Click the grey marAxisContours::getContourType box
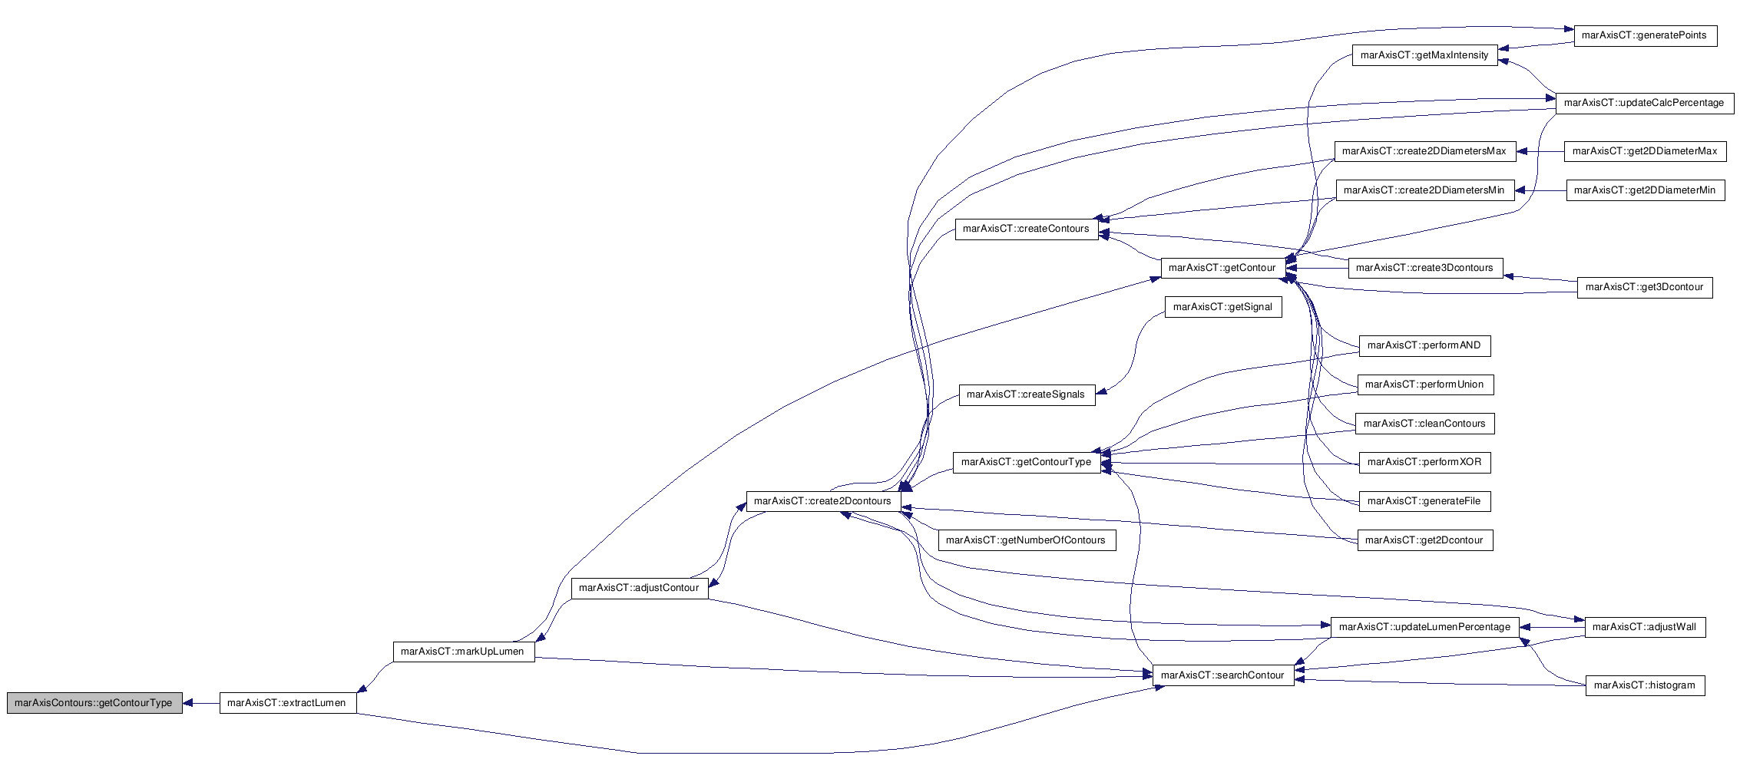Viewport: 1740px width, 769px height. pos(94,703)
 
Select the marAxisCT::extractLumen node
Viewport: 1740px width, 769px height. pos(288,703)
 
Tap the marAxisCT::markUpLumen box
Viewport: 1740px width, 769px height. pos(464,652)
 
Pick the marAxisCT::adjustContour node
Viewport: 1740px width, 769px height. pos(640,588)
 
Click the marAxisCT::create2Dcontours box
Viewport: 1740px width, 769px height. pos(823,501)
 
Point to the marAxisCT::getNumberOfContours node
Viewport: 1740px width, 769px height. pos(1027,540)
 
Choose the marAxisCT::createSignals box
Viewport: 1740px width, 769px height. pos(1027,394)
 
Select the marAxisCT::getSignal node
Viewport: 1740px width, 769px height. pos(1223,307)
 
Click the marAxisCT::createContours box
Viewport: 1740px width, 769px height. pos(1027,229)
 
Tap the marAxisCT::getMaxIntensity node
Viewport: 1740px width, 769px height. pos(1425,55)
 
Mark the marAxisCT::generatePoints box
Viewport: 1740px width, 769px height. pos(1645,35)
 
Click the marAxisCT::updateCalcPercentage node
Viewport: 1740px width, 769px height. pos(1645,103)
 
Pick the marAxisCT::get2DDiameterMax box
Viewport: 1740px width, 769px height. pos(1646,151)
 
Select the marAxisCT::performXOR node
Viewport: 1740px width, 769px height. pos(1425,462)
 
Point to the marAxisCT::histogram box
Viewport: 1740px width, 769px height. pos(1645,685)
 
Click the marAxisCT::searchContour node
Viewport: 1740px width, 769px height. pos(1223,675)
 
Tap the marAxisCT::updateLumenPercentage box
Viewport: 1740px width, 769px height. pos(1425,627)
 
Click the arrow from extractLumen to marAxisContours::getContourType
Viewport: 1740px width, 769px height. pos(201,703)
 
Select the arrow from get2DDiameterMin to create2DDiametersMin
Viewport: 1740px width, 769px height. pos(1540,190)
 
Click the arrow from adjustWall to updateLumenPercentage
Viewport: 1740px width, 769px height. pos(1553,627)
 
